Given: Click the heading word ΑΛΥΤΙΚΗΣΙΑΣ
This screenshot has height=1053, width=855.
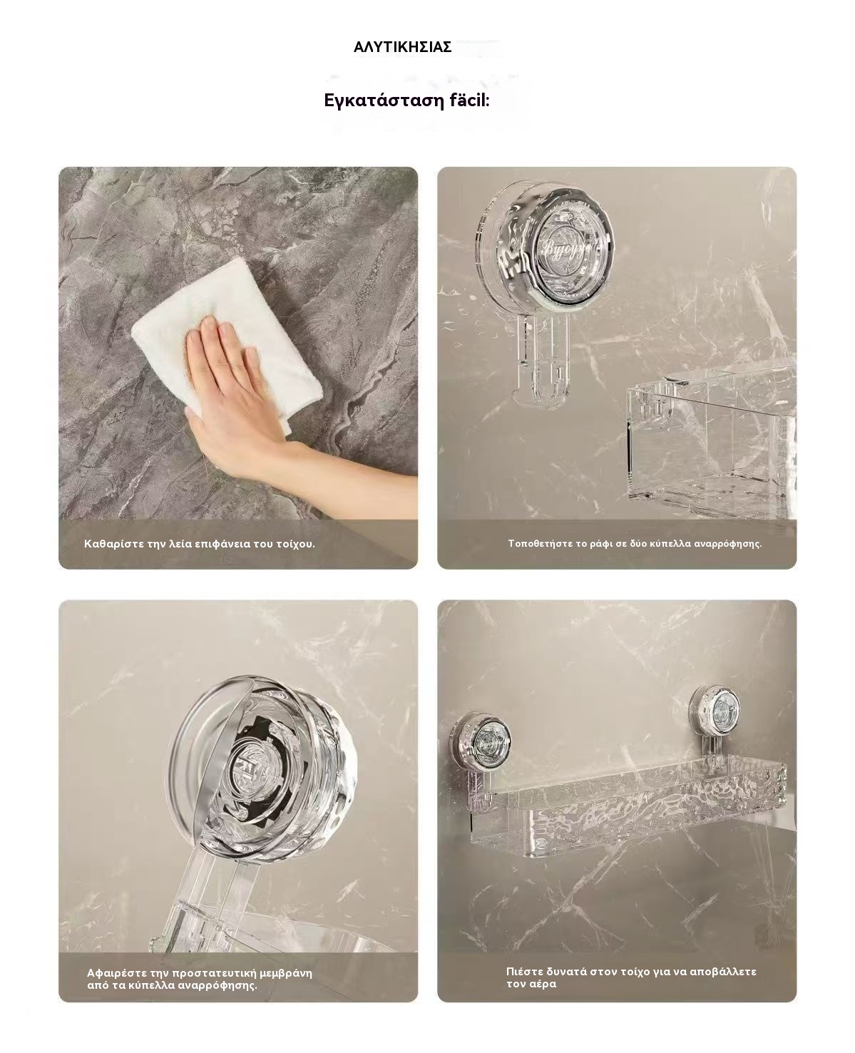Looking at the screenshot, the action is click(x=402, y=47).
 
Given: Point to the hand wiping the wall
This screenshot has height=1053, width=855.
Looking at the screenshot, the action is click(x=257, y=411).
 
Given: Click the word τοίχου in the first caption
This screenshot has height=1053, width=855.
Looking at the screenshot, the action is click(x=295, y=544).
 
